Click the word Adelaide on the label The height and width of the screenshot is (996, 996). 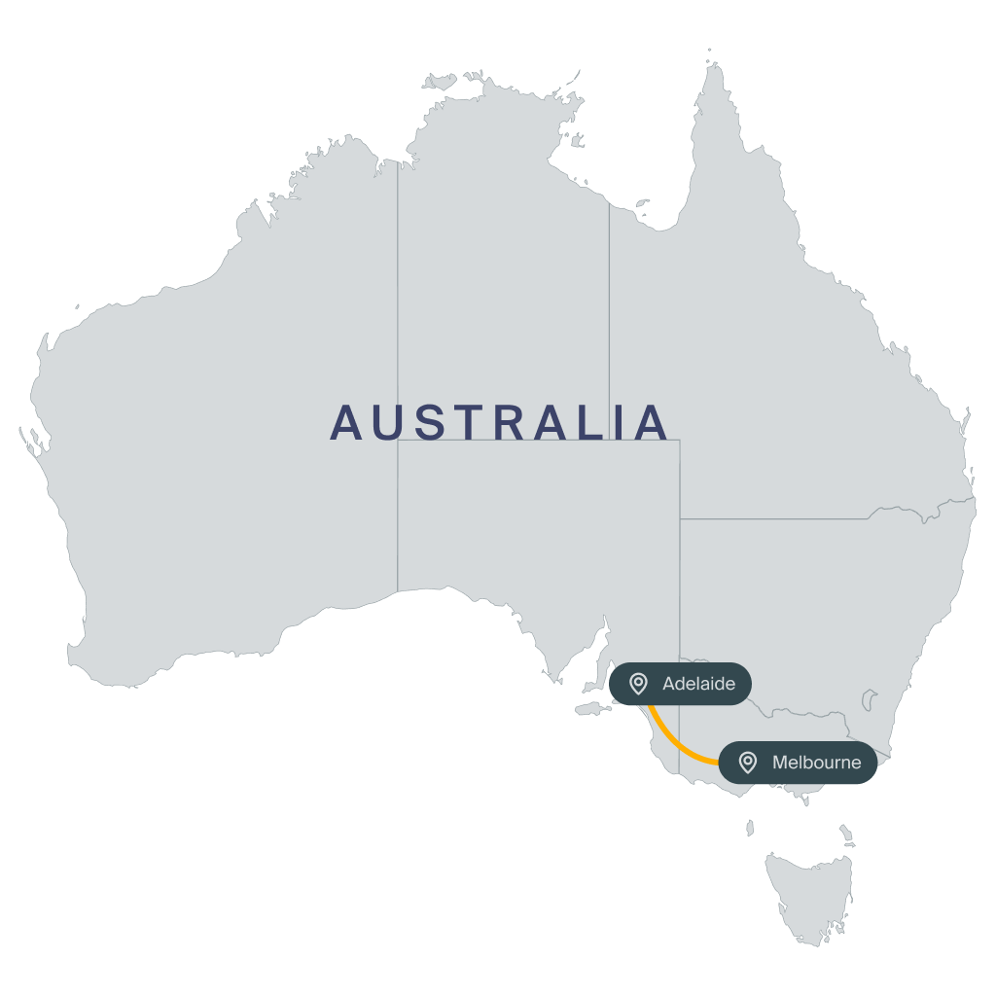pos(698,684)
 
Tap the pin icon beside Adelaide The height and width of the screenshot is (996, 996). pos(638,684)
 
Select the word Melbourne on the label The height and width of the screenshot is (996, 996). pos(816,763)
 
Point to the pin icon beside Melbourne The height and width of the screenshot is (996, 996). pos(748,763)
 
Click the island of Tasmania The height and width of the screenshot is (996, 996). pos(807,885)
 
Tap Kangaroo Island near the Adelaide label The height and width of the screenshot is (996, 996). pos(591,709)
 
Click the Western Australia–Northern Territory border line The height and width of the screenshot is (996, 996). pos(397,292)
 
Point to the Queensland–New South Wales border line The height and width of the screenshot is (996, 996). pos(778,518)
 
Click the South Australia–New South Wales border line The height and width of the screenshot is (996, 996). pos(680,584)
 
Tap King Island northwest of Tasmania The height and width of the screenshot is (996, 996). pos(750,828)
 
